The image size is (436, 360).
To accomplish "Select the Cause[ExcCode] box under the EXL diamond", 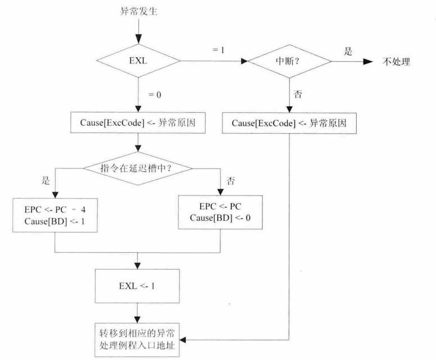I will (x=137, y=124).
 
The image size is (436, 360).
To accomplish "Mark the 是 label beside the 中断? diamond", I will (x=348, y=51).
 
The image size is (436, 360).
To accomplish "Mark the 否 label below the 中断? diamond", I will (x=298, y=96).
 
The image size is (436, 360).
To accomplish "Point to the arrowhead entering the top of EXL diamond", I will (x=137, y=43).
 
